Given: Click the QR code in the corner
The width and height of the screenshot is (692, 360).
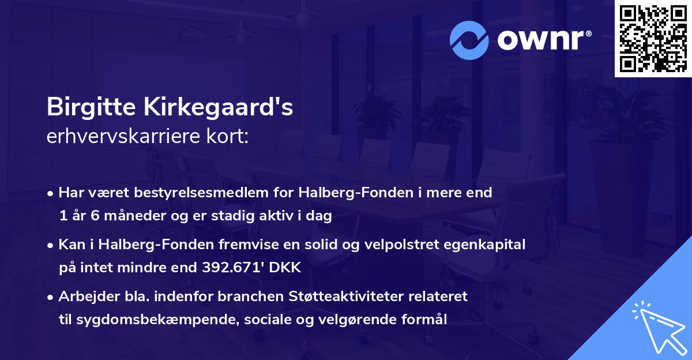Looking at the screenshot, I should click(653, 39).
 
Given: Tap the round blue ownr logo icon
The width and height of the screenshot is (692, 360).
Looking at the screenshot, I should click(470, 39).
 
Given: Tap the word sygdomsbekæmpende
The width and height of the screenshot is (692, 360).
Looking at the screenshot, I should click(140, 320).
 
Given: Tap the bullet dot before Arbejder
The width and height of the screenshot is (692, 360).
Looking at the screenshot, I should click(51, 297).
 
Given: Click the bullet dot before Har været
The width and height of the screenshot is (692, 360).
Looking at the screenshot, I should click(51, 193).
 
